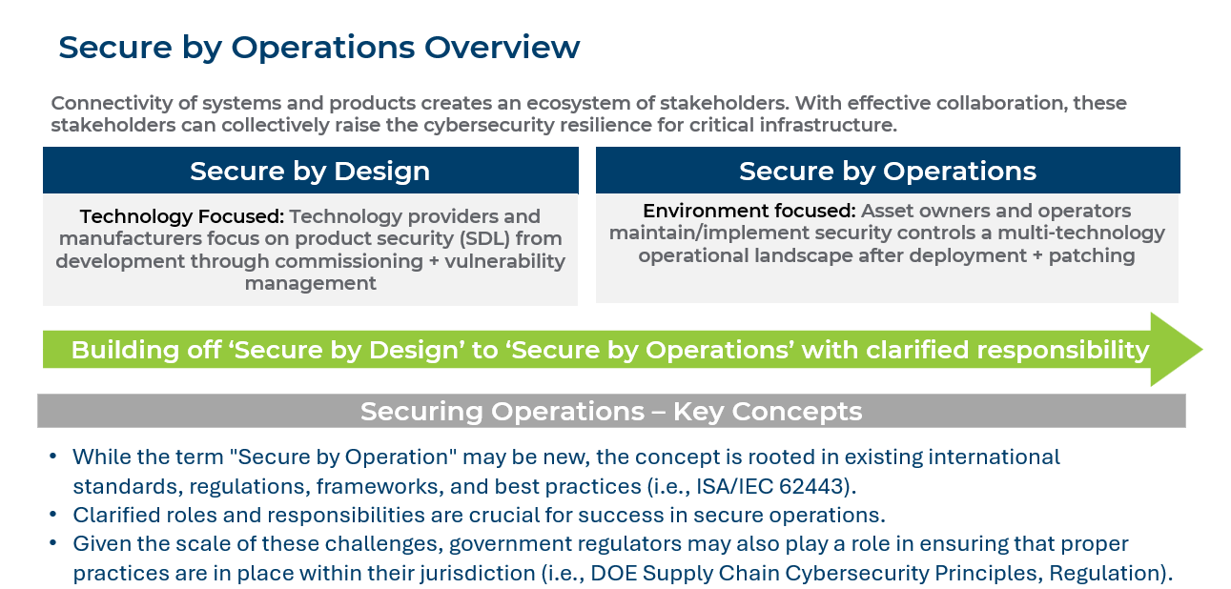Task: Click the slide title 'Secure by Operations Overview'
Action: [x=318, y=48]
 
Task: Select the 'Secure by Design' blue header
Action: [x=310, y=172]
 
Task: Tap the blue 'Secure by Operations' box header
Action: [x=887, y=171]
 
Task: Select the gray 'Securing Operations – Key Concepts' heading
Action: [x=611, y=412]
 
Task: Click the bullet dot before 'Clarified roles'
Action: [x=54, y=516]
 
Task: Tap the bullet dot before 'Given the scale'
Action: [x=54, y=545]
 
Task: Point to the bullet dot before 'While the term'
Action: [x=54, y=457]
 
